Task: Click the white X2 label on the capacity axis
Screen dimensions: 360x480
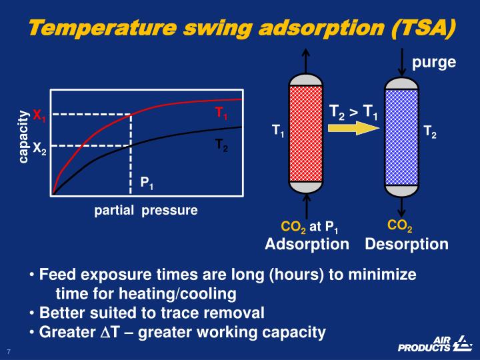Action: click(x=39, y=147)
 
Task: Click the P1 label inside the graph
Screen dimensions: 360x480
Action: click(x=147, y=182)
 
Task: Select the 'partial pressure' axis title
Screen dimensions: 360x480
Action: click(x=145, y=211)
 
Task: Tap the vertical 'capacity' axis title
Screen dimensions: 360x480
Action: click(x=24, y=136)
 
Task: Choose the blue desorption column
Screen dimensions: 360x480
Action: click(x=401, y=136)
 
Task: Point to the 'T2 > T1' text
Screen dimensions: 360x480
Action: click(x=353, y=111)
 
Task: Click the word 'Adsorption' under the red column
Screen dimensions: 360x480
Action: click(x=307, y=244)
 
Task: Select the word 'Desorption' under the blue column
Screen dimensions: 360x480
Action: click(x=407, y=244)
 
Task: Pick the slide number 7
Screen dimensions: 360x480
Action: click(x=9, y=351)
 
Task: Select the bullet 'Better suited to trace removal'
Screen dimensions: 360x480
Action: click(x=152, y=313)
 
